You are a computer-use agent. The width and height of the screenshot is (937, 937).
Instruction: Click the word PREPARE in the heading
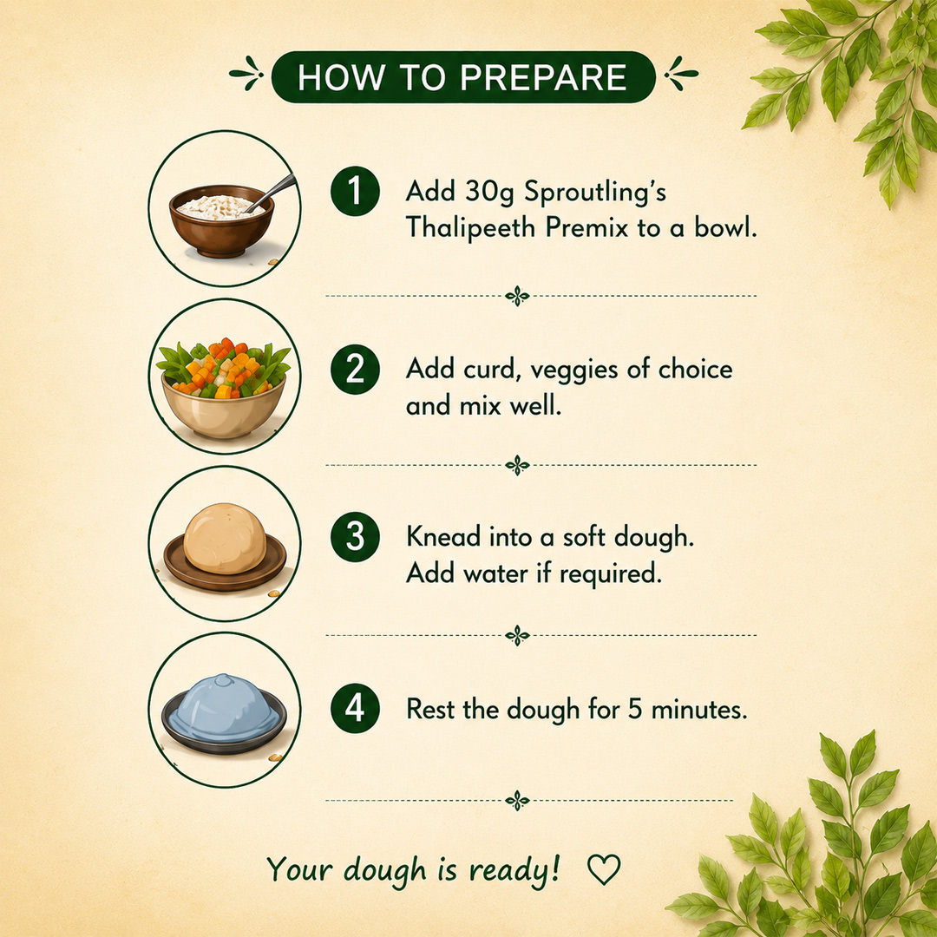click(543, 77)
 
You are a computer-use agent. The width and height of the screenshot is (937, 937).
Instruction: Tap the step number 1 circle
click(355, 191)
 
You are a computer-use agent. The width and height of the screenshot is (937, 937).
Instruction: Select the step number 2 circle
click(355, 370)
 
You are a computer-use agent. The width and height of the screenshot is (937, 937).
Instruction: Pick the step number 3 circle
click(355, 537)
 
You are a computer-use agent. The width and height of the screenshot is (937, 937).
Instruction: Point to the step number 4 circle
click(355, 709)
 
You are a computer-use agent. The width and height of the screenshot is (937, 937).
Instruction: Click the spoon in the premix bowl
click(272, 193)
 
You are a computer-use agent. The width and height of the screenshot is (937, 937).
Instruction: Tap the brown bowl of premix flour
click(222, 220)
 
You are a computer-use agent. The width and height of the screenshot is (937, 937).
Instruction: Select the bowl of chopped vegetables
click(224, 389)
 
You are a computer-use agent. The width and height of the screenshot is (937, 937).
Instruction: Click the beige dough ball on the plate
click(225, 538)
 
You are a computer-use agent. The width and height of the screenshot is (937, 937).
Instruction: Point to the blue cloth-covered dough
click(224, 708)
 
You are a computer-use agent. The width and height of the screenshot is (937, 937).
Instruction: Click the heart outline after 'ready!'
click(604, 868)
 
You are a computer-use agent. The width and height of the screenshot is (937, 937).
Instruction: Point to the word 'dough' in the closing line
click(385, 871)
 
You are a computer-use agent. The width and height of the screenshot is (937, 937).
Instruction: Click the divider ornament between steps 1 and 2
click(517, 296)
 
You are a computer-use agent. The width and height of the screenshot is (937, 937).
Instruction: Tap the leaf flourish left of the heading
click(246, 74)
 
